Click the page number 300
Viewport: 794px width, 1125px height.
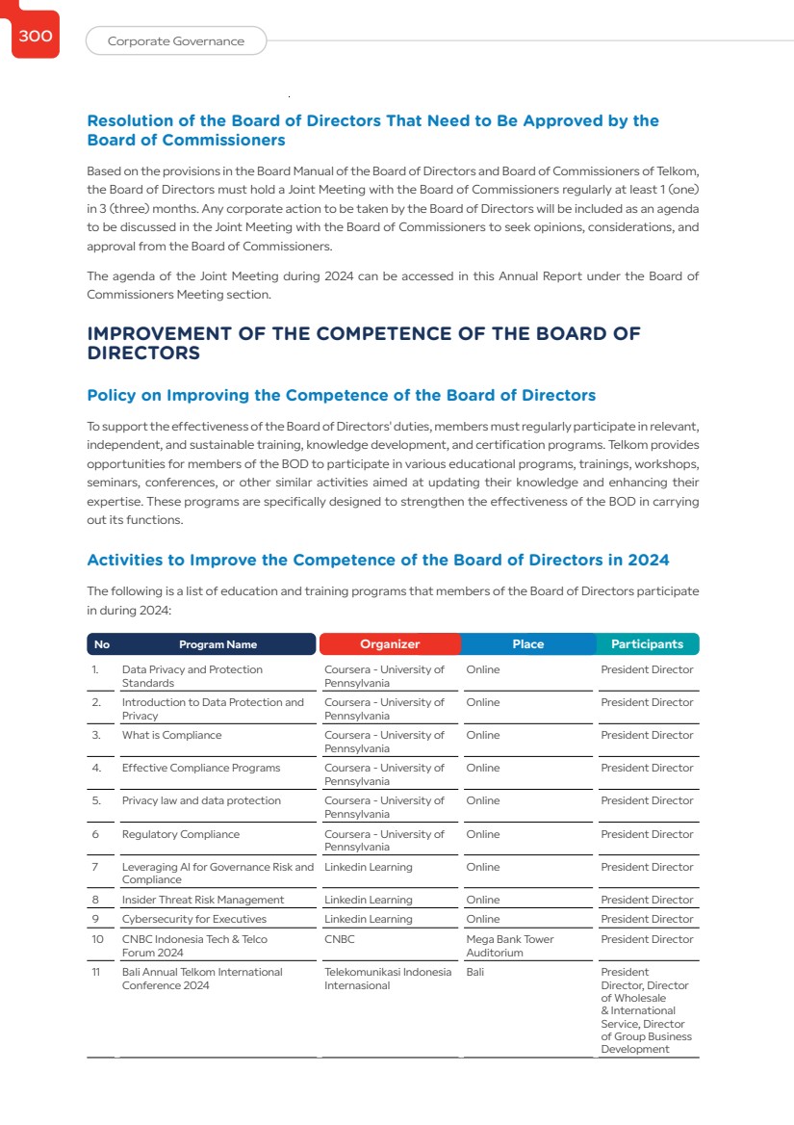(35, 37)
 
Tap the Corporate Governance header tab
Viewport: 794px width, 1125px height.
(175, 41)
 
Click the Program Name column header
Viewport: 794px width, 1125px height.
(218, 644)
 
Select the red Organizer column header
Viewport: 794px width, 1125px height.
(390, 644)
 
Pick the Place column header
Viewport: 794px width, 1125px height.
(527, 644)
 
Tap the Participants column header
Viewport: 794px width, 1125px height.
(647, 644)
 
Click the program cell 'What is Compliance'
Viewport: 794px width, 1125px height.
(171, 736)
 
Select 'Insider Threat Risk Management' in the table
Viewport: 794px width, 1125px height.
(203, 900)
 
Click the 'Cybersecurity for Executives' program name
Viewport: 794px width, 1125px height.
(193, 919)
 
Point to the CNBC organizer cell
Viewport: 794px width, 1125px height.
(340, 939)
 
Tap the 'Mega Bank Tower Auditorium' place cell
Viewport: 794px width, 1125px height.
(510, 946)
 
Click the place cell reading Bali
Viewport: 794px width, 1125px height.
(475, 972)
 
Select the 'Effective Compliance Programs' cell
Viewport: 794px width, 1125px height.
(201, 769)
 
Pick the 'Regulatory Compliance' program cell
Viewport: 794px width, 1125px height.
(181, 834)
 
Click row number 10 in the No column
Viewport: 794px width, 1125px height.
(98, 939)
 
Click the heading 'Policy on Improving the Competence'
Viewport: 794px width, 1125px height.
(341, 396)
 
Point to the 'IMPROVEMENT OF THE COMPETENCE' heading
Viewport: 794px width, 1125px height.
(363, 343)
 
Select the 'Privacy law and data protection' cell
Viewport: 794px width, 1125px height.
(201, 801)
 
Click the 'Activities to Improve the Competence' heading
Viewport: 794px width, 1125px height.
(377, 561)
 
